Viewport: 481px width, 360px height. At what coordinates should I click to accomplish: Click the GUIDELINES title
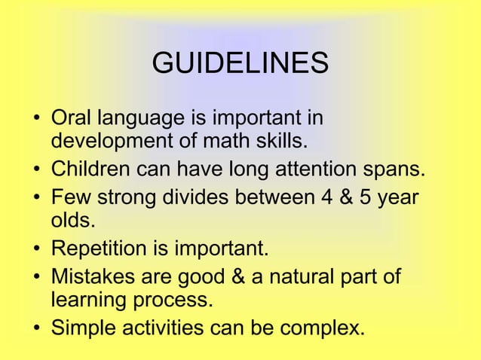click(x=240, y=64)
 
